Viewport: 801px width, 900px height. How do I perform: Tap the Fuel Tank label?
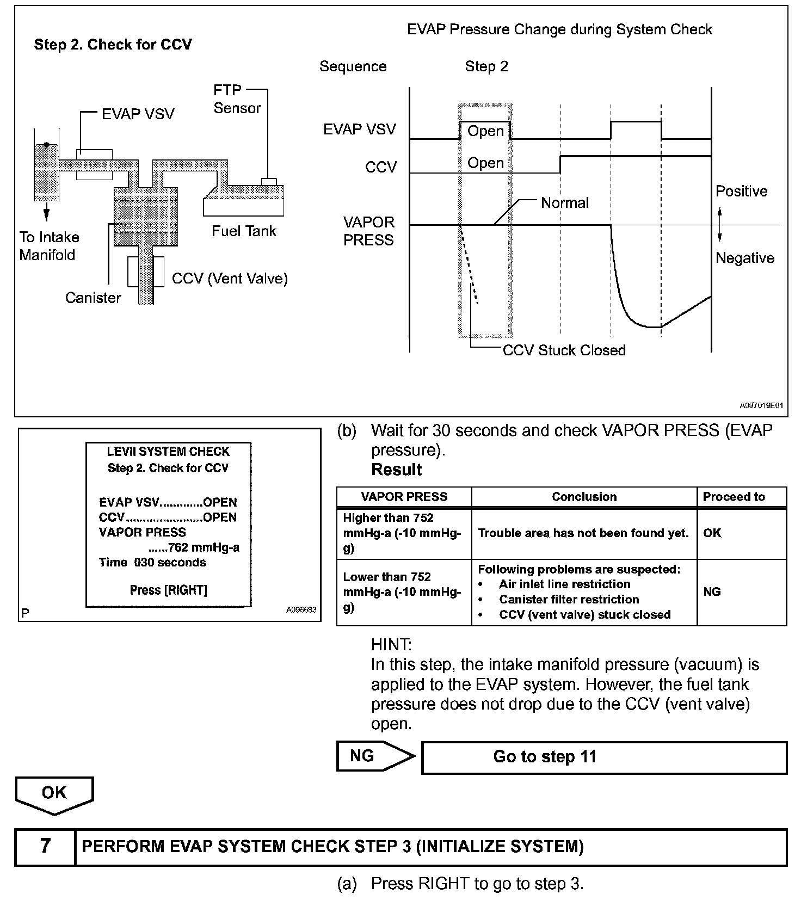pyautogui.click(x=244, y=231)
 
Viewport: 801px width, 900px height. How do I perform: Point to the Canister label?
pyautogui.click(x=93, y=298)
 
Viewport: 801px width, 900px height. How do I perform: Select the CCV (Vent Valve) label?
pyautogui.click(x=230, y=279)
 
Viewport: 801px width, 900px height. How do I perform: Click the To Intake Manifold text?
pyautogui.click(x=48, y=246)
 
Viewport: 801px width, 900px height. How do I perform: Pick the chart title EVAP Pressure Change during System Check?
pyautogui.click(x=559, y=29)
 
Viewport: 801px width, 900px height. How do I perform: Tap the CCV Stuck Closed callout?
pyautogui.click(x=564, y=350)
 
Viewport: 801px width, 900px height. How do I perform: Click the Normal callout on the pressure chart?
pyautogui.click(x=564, y=203)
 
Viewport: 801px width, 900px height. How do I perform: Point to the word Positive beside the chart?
pyautogui.click(x=741, y=191)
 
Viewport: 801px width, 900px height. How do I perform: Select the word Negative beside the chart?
pyautogui.click(x=744, y=258)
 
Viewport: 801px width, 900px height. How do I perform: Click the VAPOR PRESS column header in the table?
pyautogui.click(x=404, y=497)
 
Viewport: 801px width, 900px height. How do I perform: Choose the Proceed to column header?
pyautogui.click(x=734, y=497)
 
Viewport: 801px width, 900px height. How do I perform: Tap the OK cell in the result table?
pyautogui.click(x=712, y=533)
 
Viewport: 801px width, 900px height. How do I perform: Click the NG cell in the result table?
pyautogui.click(x=712, y=591)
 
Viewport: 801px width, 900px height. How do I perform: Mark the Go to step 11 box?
pyautogui.click(x=604, y=757)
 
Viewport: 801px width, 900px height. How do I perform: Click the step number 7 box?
pyautogui.click(x=45, y=846)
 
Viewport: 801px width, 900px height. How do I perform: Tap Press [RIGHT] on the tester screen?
pyautogui.click(x=169, y=590)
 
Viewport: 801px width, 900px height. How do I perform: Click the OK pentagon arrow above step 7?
pyautogui.click(x=54, y=794)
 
